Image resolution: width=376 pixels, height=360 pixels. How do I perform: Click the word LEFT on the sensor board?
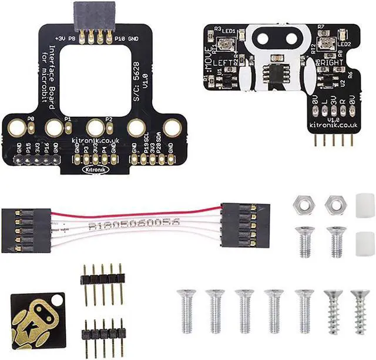[x=224, y=61]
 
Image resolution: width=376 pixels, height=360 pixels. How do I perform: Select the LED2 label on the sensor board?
[x=344, y=44]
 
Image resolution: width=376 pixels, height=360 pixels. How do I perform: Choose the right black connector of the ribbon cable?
[x=246, y=226]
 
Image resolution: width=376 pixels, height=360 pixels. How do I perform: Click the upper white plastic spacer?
[x=365, y=203]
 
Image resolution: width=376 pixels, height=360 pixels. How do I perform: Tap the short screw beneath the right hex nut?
[x=336, y=241]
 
